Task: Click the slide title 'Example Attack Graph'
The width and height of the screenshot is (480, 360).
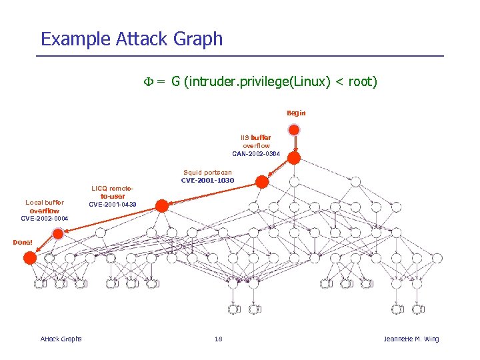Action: pyautogui.click(x=131, y=39)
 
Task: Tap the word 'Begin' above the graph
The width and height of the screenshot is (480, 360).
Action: pyautogui.click(x=296, y=113)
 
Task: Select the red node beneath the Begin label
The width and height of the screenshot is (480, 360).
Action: pyautogui.click(x=294, y=158)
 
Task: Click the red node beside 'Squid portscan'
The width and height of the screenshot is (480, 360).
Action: pyautogui.click(x=262, y=181)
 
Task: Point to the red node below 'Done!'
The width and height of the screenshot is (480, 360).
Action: pyautogui.click(x=29, y=258)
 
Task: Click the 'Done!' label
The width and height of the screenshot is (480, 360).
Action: pyautogui.click(x=23, y=242)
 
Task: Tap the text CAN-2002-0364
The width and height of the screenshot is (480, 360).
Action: pyautogui.click(x=256, y=154)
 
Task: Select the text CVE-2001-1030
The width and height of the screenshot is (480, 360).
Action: pyautogui.click(x=207, y=180)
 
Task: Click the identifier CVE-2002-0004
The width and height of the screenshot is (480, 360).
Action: pyautogui.click(x=45, y=218)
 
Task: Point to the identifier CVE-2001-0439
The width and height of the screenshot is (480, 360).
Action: pyautogui.click(x=113, y=204)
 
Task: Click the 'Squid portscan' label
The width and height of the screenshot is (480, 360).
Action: pyautogui.click(x=207, y=172)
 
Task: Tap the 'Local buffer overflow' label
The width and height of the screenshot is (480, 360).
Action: pyautogui.click(x=45, y=206)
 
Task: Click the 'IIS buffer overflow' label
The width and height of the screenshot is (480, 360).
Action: pyautogui.click(x=256, y=141)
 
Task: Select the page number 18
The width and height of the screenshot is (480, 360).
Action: pyautogui.click(x=218, y=339)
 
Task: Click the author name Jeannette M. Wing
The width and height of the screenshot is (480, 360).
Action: pyautogui.click(x=411, y=339)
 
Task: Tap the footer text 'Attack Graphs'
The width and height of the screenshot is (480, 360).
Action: pyautogui.click(x=61, y=339)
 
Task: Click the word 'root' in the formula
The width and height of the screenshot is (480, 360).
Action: pyautogui.click(x=358, y=82)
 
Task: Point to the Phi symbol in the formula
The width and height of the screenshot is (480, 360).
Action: pyautogui.click(x=149, y=82)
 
